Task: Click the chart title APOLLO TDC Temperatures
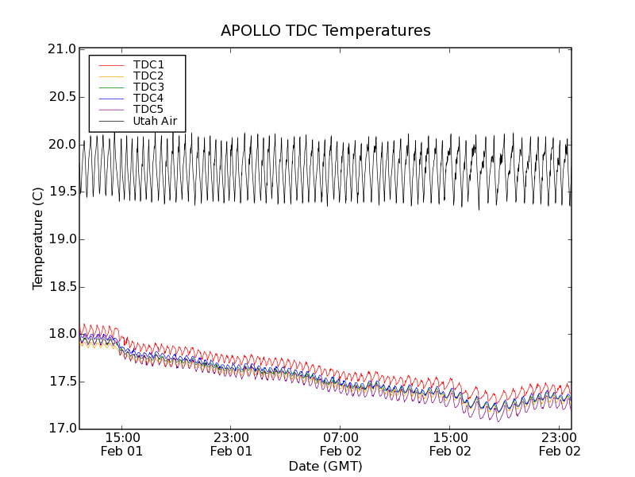point(325,31)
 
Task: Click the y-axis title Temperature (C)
point(38,238)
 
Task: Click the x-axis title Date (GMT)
point(325,466)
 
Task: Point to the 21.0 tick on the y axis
point(61,49)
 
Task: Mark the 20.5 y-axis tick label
point(61,97)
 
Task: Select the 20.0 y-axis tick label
point(61,145)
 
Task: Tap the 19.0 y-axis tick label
point(61,239)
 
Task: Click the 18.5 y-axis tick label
point(61,287)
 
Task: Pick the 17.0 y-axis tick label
point(61,429)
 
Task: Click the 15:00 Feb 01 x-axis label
point(122,444)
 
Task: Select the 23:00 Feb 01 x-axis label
point(232,444)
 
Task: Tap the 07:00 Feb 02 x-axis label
point(341,444)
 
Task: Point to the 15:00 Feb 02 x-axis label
point(451,444)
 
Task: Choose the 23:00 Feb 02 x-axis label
point(560,444)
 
